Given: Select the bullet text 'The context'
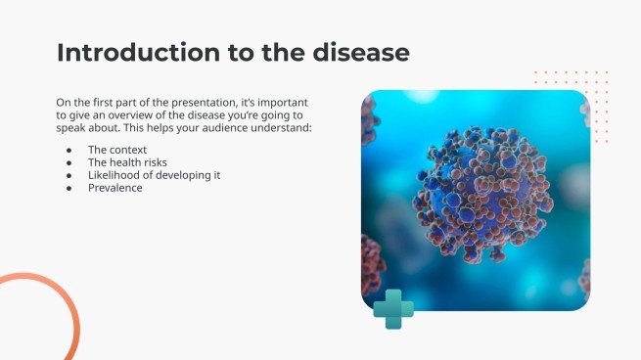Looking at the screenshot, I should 116,150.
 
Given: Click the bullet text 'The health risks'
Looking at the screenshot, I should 128,162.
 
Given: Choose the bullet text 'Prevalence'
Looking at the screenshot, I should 114,188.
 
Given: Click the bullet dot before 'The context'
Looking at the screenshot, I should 69,150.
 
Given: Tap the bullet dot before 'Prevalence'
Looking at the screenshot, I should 69,188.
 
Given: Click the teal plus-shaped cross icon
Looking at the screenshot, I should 393,308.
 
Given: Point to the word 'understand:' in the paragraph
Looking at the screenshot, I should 284,127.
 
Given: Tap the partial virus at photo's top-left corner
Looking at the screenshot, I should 369,117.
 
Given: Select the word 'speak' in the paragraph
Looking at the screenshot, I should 70,127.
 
